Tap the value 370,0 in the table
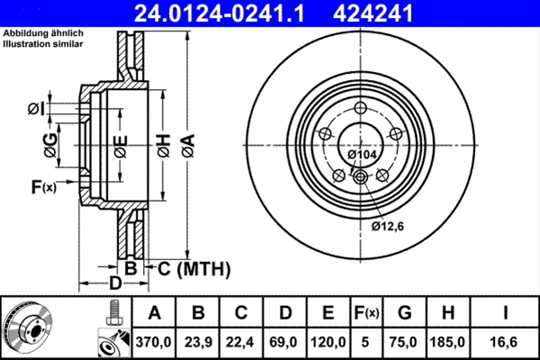(x=154, y=343)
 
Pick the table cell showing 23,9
(x=199, y=343)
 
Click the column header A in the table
(x=154, y=313)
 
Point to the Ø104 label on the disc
(x=361, y=156)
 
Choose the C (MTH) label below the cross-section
(x=194, y=268)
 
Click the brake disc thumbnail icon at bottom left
(x=30, y=327)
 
